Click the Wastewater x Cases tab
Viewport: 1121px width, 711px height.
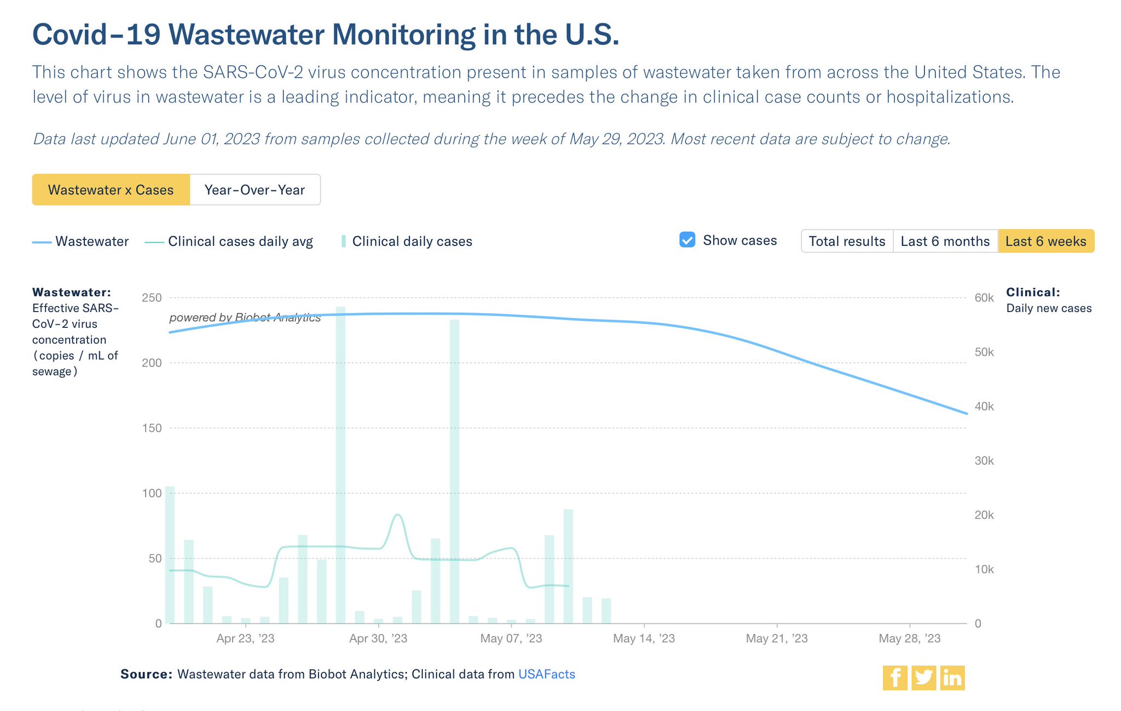tap(111, 190)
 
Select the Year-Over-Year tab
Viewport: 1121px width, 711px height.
tap(255, 190)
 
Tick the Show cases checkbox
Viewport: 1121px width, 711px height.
tap(687, 240)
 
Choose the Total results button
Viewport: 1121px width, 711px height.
tap(847, 241)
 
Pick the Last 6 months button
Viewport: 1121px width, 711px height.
tap(945, 241)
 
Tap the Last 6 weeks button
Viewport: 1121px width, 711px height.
tap(1045, 241)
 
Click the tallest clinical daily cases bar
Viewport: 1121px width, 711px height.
tap(340, 465)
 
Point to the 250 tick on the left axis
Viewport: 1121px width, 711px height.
tap(152, 298)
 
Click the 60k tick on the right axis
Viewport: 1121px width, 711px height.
tap(984, 298)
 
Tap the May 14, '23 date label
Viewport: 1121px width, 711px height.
tap(644, 638)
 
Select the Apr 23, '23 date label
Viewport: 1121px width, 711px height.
tap(245, 638)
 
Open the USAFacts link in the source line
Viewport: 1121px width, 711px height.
tap(546, 674)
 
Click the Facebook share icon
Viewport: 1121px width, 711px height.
tap(895, 678)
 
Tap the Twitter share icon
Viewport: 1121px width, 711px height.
tap(923, 678)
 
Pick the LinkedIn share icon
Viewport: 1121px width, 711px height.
tap(952, 678)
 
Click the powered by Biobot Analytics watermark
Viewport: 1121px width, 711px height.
tap(245, 317)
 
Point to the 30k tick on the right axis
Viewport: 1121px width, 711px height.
tap(984, 461)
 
